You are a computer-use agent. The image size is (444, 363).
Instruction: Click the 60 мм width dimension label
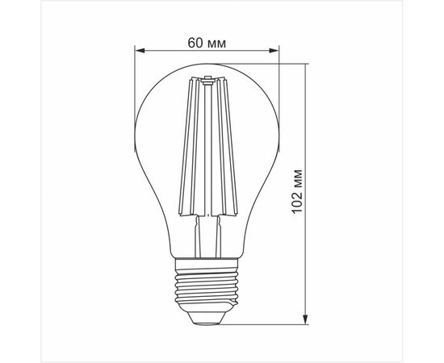point(207,43)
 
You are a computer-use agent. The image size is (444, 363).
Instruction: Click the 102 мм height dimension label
point(297,191)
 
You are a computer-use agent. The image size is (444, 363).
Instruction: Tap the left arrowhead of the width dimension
point(140,51)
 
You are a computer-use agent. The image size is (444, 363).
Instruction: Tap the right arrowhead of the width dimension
point(274,51)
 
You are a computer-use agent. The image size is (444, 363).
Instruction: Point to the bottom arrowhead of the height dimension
point(305,319)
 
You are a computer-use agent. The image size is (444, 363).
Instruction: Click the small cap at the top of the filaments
point(208,80)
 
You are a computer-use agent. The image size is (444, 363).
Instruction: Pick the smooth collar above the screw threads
point(207,264)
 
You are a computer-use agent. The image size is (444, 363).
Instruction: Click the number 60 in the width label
point(195,43)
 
